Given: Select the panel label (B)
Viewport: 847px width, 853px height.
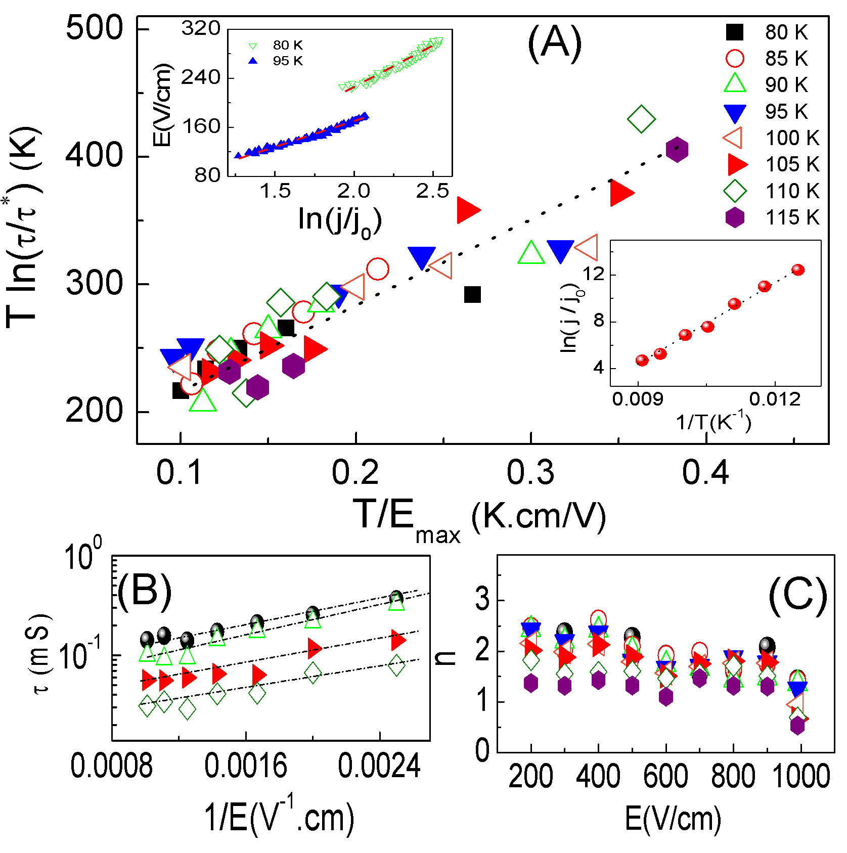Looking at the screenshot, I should pos(145,590).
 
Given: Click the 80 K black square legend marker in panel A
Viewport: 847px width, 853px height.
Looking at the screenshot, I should pos(735,32).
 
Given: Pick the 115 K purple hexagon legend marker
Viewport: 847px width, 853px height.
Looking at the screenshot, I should pos(735,218).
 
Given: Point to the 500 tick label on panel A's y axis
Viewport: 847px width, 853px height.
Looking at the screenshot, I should pos(95,28).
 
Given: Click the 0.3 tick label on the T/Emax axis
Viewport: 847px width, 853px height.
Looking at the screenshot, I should pos(530,473).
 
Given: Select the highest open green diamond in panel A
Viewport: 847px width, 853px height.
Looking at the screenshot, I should pos(641,119).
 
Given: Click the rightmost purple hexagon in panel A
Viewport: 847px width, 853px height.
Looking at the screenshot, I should pos(677,149).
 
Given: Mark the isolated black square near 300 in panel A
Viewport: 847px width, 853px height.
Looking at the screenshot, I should pos(472,294).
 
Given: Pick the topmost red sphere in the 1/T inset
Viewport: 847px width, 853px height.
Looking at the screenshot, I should pos(798,270).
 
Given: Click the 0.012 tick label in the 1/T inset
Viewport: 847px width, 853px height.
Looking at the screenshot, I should pos(775,399).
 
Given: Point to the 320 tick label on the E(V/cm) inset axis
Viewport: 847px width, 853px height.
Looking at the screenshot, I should pos(201,28).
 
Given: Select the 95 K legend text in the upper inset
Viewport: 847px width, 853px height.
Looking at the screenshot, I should pos(288,61).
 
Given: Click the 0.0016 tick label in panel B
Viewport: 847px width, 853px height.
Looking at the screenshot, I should pos(246,766).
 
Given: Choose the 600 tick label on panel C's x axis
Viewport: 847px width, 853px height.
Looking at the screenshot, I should pos(665,776).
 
